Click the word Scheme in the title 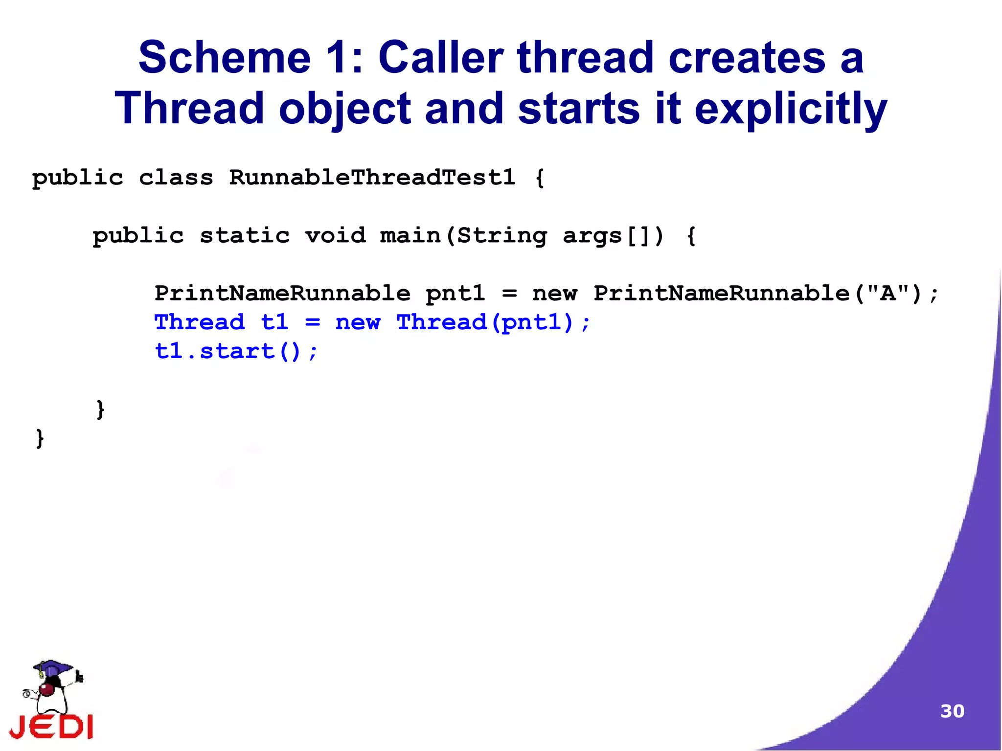(x=225, y=58)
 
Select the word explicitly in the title (x=791, y=109)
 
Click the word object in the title (x=344, y=109)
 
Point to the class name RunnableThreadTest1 (x=372, y=177)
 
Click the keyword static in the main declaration (x=245, y=235)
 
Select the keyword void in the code (x=335, y=235)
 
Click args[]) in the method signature (x=613, y=235)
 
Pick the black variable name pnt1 (x=455, y=293)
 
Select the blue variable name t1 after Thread (x=274, y=322)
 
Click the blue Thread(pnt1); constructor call (x=493, y=322)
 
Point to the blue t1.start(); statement (x=236, y=351)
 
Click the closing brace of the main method (x=100, y=409)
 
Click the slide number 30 (x=952, y=711)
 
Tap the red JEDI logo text (x=51, y=726)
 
